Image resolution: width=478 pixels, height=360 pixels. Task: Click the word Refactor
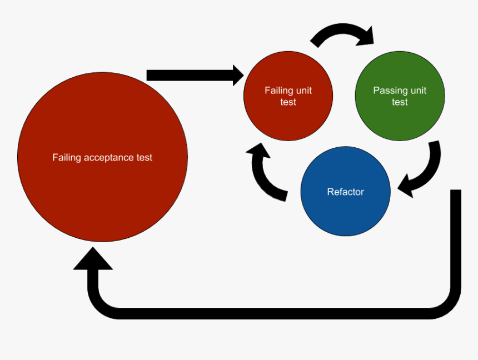point(345,192)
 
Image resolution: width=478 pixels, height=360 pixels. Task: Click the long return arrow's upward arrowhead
point(93,259)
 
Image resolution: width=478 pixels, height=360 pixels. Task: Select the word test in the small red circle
point(288,102)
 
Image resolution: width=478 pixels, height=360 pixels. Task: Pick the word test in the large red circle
point(144,158)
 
